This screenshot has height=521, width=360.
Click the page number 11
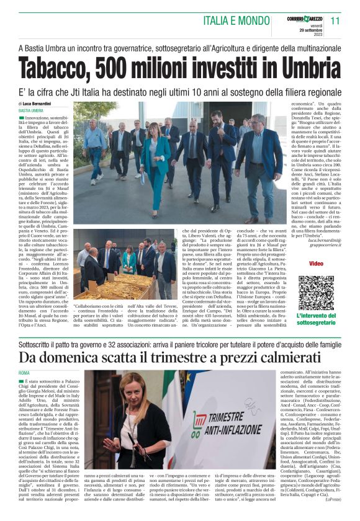point(336,21)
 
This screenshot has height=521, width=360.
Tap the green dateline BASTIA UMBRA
point(31,110)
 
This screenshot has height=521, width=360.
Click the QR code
point(316,292)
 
